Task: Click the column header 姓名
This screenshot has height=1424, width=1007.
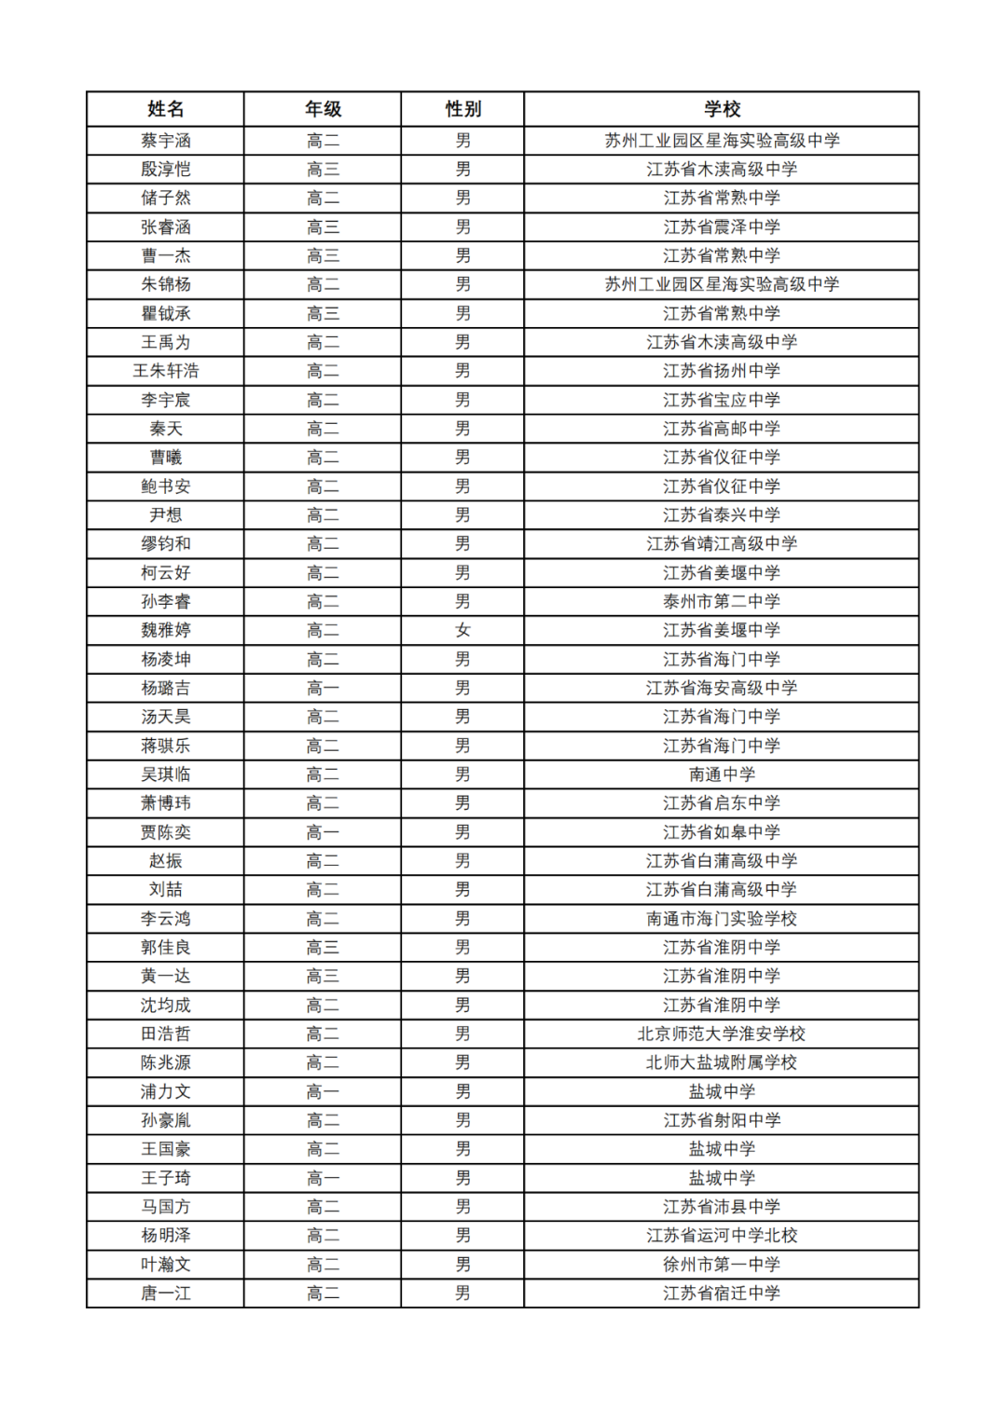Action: (x=166, y=109)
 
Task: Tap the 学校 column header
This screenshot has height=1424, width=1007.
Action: (x=722, y=109)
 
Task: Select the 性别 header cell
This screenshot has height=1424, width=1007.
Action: (x=462, y=109)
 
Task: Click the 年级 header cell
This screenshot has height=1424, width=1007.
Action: (x=323, y=109)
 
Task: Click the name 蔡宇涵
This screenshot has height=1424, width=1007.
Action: (x=166, y=141)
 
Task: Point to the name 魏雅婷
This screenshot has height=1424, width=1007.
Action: (x=166, y=630)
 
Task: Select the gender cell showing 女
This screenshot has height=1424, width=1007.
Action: (x=462, y=630)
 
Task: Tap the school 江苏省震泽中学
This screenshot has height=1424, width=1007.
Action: (x=722, y=226)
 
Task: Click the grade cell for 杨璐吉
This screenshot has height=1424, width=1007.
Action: (x=323, y=688)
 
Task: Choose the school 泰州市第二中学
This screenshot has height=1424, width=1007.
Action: (x=722, y=601)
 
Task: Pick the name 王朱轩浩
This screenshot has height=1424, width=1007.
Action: (x=166, y=371)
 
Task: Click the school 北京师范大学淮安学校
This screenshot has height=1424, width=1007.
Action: (x=722, y=1034)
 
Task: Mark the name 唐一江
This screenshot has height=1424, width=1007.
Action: (x=166, y=1293)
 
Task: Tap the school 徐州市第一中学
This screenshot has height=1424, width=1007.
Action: (x=722, y=1264)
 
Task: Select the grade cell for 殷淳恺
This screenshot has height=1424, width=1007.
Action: (x=323, y=169)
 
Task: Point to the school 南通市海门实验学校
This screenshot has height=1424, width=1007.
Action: (x=722, y=918)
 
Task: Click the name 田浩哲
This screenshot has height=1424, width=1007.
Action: (x=166, y=1034)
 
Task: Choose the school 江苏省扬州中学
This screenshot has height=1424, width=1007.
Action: (x=722, y=371)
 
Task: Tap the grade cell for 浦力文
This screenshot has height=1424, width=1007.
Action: (x=323, y=1091)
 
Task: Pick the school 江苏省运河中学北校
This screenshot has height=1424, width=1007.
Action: (x=722, y=1235)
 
